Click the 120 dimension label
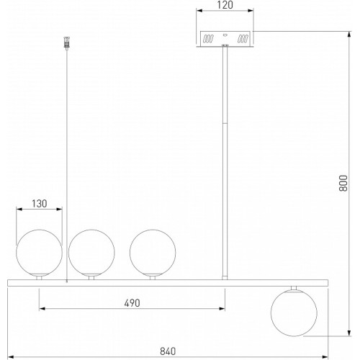[225, 5]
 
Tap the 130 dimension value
[40, 204]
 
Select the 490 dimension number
[132, 303]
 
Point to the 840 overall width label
[168, 351]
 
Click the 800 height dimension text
[343, 183]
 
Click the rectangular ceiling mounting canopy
[225, 39]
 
